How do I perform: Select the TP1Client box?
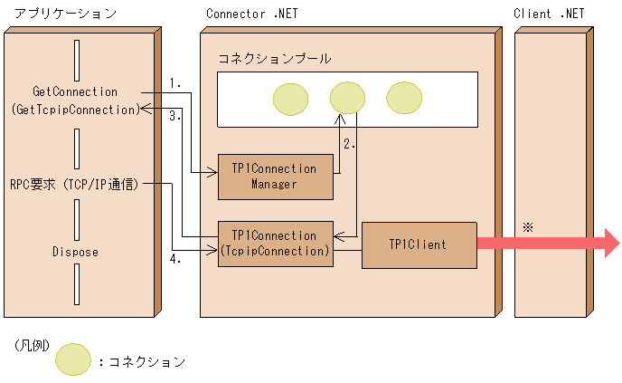[419, 244]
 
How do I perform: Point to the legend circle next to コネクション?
[73, 359]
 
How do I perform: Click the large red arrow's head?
[607, 244]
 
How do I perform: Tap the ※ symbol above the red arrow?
[528, 226]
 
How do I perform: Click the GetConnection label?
[75, 91]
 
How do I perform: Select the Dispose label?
[75, 252]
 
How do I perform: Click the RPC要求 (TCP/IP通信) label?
[75, 183]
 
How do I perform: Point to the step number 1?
[175, 83]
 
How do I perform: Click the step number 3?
[175, 116]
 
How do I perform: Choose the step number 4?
[175, 260]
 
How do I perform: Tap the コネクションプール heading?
[274, 58]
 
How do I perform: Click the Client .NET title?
[548, 14]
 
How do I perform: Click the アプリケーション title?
[59, 14]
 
